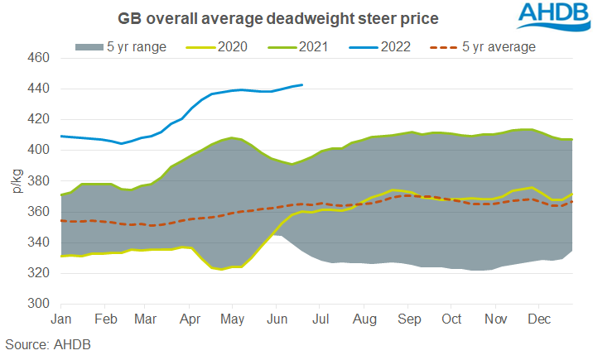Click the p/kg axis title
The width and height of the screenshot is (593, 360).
(x=15, y=180)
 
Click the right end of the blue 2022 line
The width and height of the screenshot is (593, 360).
(x=302, y=84)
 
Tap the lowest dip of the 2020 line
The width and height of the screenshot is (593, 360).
(x=222, y=270)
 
